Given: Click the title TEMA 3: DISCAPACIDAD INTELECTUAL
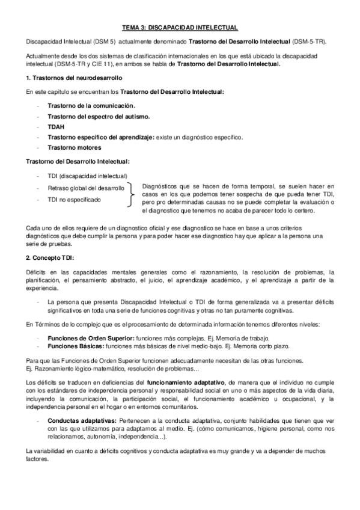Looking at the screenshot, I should click(180, 28).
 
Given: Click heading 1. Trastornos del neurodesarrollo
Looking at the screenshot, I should click(66, 78).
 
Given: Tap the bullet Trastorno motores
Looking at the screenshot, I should click(75, 147).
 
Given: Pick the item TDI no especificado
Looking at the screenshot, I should click(75, 199).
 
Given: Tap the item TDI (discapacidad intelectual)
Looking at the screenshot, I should click(87, 176).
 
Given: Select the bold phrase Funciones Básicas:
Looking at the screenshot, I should click(74, 347).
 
